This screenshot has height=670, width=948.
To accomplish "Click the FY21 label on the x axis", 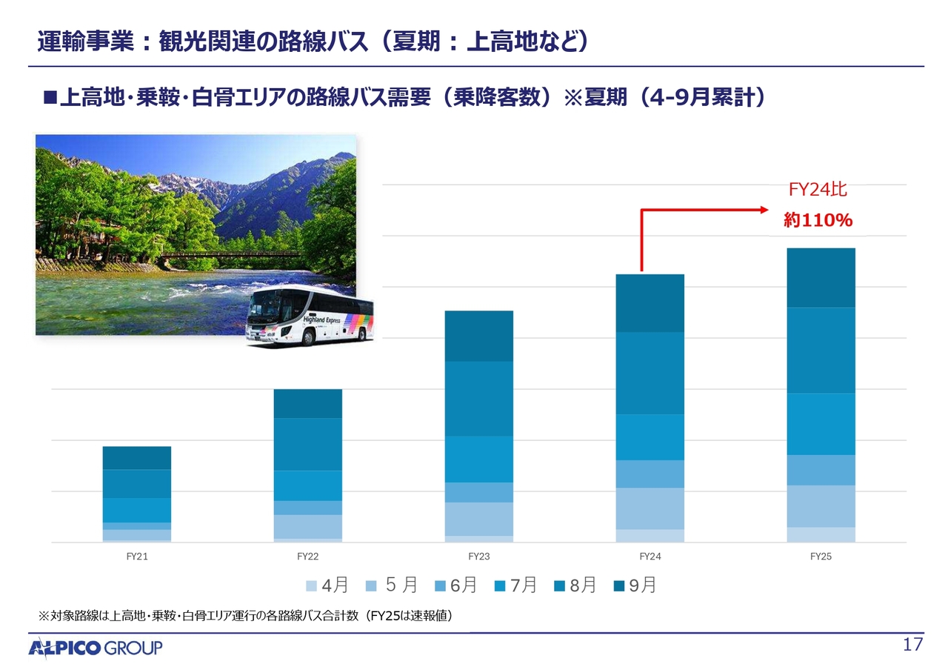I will (x=137, y=557).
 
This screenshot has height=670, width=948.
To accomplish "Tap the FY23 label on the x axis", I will (x=479, y=557).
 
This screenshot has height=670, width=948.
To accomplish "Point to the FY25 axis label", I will (x=821, y=557).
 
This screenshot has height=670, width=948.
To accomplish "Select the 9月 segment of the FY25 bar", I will (x=821, y=278).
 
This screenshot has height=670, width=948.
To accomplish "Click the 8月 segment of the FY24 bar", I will (x=650, y=373).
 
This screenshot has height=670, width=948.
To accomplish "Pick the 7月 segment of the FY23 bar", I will (x=479, y=459).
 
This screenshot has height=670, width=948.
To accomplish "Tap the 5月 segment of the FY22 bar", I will (x=308, y=526).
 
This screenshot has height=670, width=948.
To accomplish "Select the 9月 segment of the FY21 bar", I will (x=137, y=458).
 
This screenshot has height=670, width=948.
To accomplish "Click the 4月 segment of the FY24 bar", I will (x=650, y=536).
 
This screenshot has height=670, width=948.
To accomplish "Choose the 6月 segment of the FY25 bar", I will (x=821, y=470).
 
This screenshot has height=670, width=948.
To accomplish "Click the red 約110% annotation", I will (x=818, y=220).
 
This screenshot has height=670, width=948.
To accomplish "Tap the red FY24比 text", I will (x=818, y=190).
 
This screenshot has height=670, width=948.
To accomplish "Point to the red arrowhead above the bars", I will (x=767, y=210).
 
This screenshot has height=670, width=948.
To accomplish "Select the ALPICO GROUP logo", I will (x=96, y=649).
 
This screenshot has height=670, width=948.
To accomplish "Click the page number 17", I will (x=913, y=645).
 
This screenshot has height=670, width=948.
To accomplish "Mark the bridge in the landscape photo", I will (x=230, y=255).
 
